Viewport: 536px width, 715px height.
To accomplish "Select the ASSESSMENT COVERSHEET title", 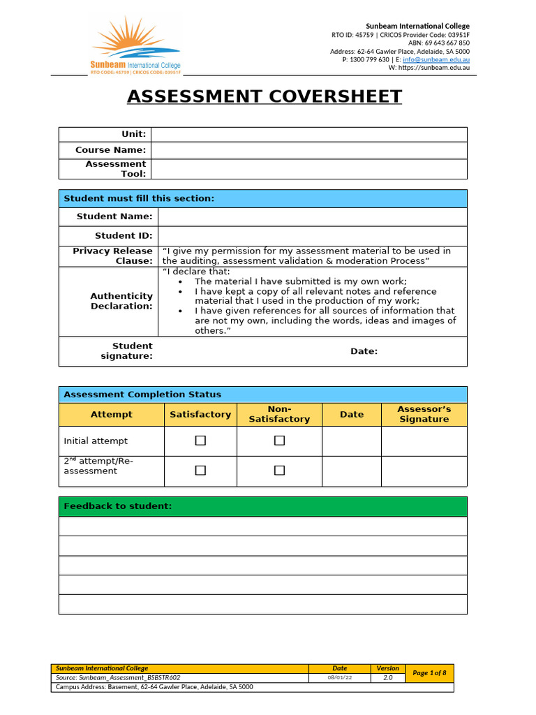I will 265,96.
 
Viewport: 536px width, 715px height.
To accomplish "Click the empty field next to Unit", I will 308,134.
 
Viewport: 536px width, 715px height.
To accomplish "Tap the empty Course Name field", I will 308,150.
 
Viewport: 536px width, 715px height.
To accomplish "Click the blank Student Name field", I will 312,216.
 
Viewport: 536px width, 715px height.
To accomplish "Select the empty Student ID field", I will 312,236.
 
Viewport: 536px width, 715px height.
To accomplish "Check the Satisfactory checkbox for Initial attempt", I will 200,441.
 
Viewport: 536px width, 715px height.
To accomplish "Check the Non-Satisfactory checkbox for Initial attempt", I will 279,441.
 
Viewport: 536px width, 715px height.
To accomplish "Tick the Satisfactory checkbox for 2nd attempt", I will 200,471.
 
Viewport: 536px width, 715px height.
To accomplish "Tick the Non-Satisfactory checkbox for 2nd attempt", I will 279,471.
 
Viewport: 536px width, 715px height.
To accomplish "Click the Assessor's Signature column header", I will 424,414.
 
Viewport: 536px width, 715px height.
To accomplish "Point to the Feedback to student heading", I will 117,506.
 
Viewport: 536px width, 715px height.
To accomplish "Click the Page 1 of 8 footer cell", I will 429,673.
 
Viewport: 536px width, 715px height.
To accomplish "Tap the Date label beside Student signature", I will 364,351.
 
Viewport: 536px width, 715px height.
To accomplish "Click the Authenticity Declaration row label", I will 121,301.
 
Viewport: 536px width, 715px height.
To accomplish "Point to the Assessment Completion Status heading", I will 142,395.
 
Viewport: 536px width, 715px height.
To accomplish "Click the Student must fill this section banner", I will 139,199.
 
